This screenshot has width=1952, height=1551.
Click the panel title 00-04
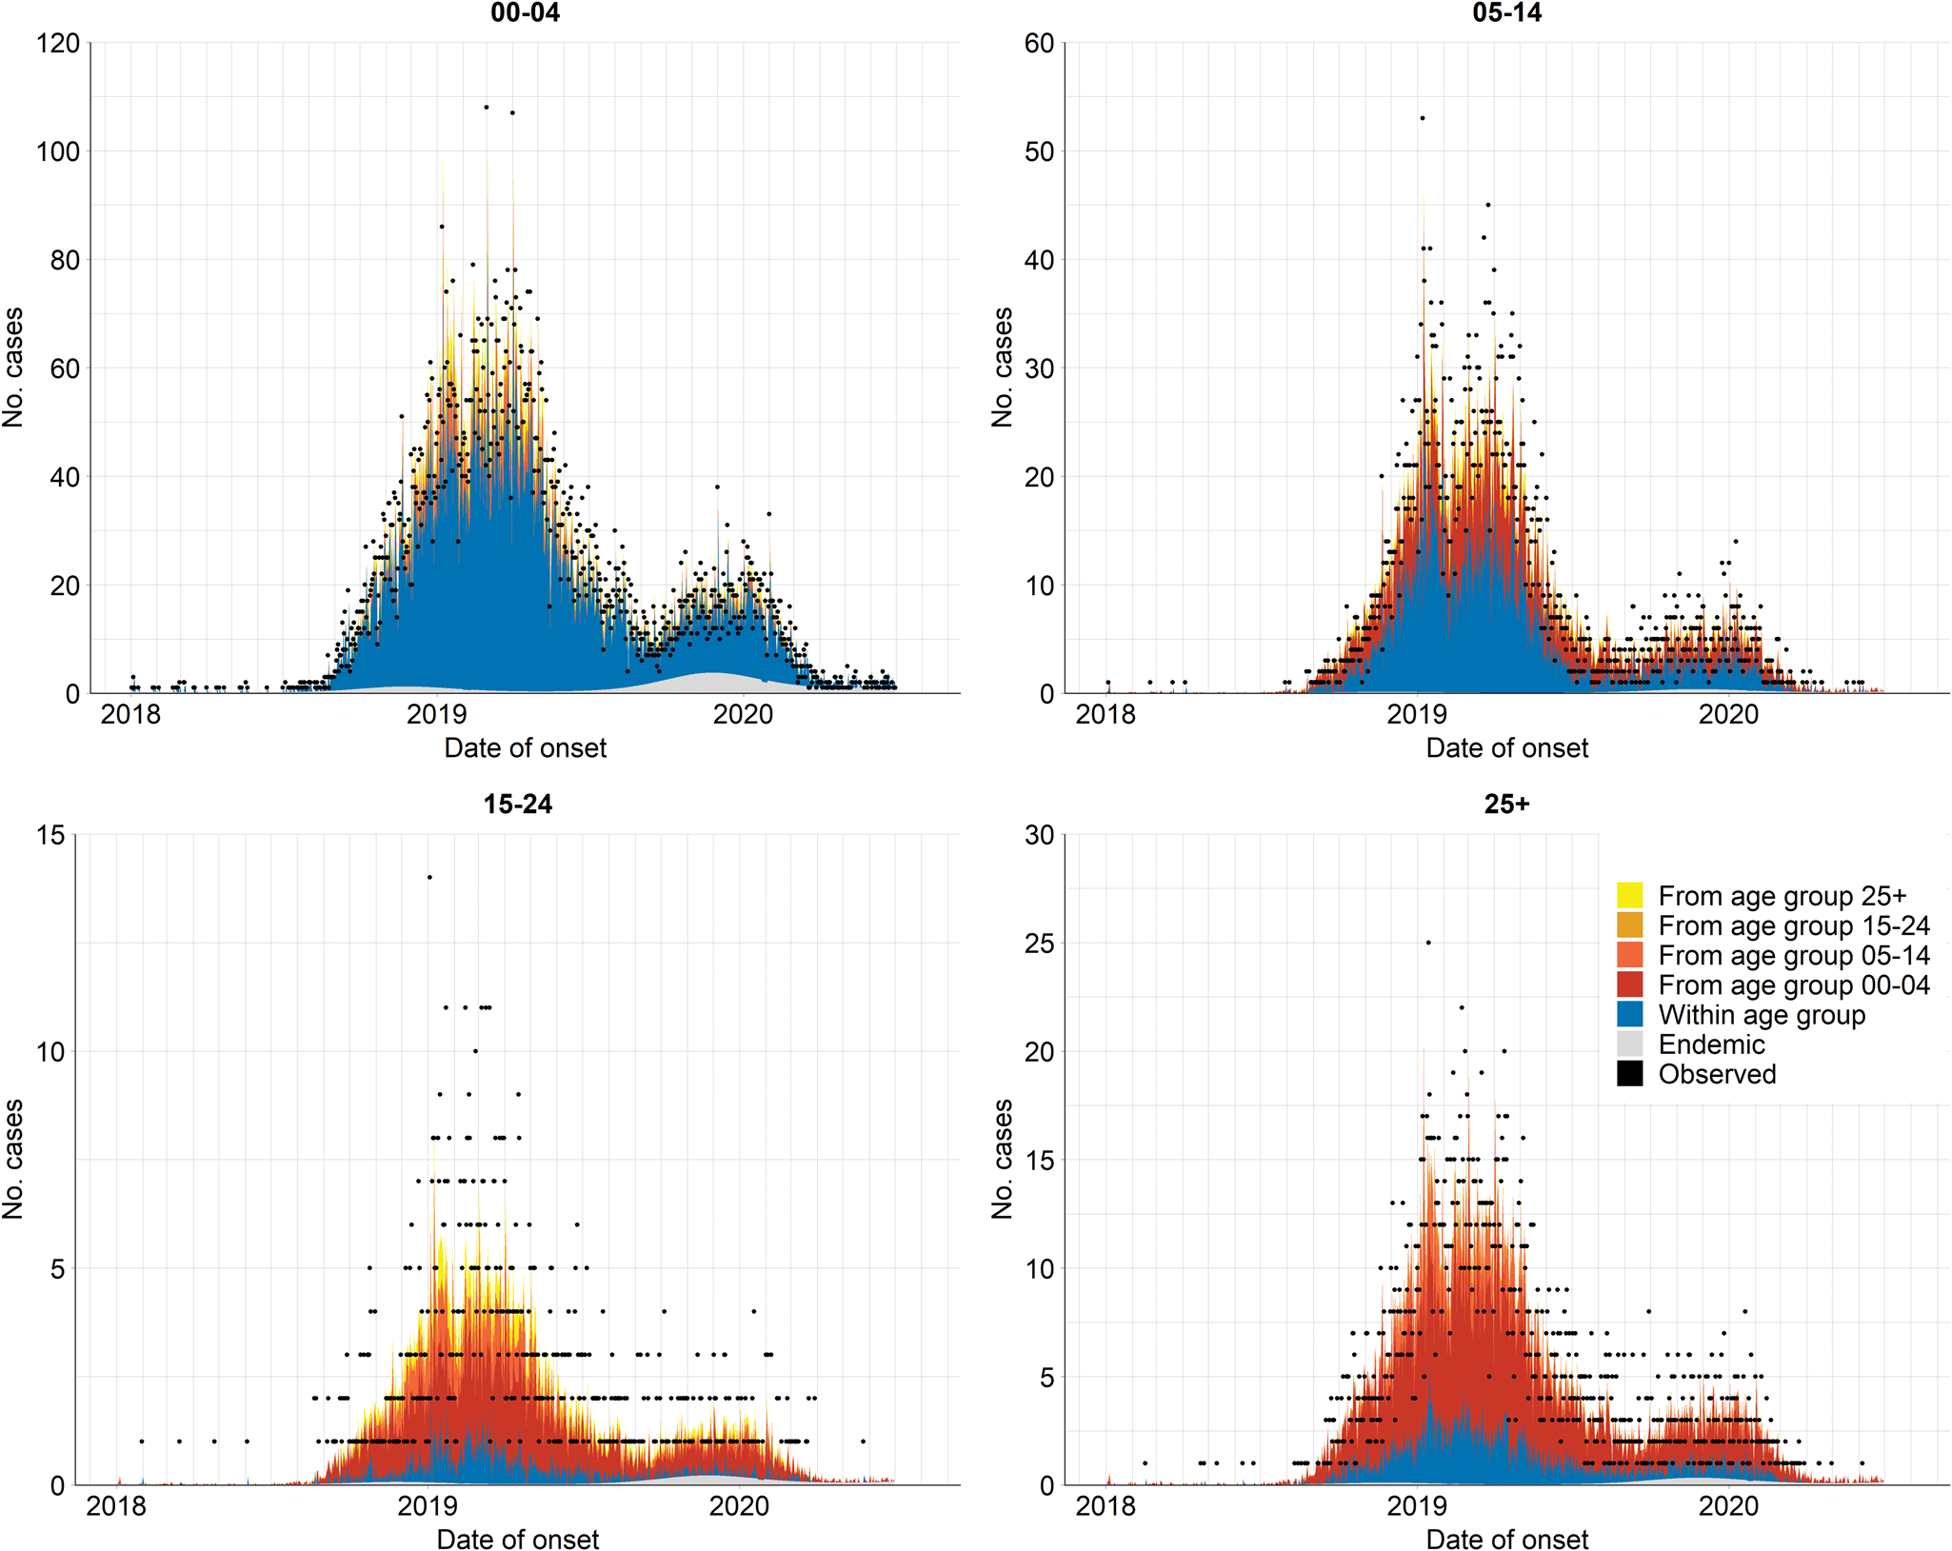(x=525, y=13)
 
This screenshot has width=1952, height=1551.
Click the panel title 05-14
(x=1506, y=13)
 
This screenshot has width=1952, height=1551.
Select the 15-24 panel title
(x=517, y=805)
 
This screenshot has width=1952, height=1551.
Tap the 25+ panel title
(x=1506, y=805)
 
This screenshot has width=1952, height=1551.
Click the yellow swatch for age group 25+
(x=1629, y=896)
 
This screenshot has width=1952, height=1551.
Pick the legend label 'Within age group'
(x=1762, y=1015)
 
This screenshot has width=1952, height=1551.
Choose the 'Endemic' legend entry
(x=1711, y=1044)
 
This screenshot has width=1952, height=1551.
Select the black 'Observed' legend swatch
(x=1629, y=1074)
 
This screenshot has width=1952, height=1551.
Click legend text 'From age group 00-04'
(x=1794, y=985)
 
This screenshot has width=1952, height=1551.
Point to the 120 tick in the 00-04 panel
(x=58, y=44)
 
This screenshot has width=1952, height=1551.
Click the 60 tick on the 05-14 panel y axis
(x=1039, y=44)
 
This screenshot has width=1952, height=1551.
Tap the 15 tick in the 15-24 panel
(x=50, y=835)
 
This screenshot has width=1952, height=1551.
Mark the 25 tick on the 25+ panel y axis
(x=1039, y=944)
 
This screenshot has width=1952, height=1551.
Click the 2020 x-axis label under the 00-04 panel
(x=743, y=714)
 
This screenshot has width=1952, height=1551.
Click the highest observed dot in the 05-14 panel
(x=1423, y=118)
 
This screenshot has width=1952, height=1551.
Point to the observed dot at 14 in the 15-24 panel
(x=429, y=878)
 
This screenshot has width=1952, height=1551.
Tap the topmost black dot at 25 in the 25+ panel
(x=1428, y=943)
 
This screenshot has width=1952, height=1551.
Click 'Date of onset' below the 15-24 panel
(x=517, y=1540)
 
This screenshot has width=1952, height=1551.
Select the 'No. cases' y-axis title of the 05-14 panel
(x=1002, y=367)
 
